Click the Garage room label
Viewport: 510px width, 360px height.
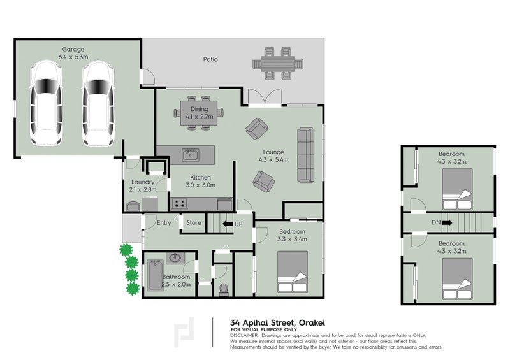tap(73, 50)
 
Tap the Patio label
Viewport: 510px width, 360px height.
tap(210, 59)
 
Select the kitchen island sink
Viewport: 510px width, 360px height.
tap(191, 155)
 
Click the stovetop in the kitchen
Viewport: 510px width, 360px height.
tap(180, 204)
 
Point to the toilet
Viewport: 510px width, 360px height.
tap(224, 289)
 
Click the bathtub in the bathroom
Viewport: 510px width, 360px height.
tap(155, 275)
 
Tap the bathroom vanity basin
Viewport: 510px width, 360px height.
tap(176, 258)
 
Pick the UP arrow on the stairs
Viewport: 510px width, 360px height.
tap(228, 224)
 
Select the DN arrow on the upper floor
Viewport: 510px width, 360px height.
tap(447, 223)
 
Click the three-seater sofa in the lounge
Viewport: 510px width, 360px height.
tap(306, 155)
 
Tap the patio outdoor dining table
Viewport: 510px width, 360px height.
tap(278, 64)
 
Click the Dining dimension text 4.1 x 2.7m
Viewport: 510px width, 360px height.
tap(200, 117)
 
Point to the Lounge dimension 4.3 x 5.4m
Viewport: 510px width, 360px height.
tap(273, 160)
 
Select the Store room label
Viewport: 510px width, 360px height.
tap(194, 223)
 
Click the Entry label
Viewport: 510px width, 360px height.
tap(164, 223)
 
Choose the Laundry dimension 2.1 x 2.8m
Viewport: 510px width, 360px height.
tap(143, 189)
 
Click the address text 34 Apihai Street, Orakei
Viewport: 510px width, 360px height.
tap(277, 323)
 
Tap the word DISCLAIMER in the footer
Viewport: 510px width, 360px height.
tap(244, 335)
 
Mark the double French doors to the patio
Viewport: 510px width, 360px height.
tap(265, 97)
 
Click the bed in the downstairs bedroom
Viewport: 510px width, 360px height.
tap(293, 272)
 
